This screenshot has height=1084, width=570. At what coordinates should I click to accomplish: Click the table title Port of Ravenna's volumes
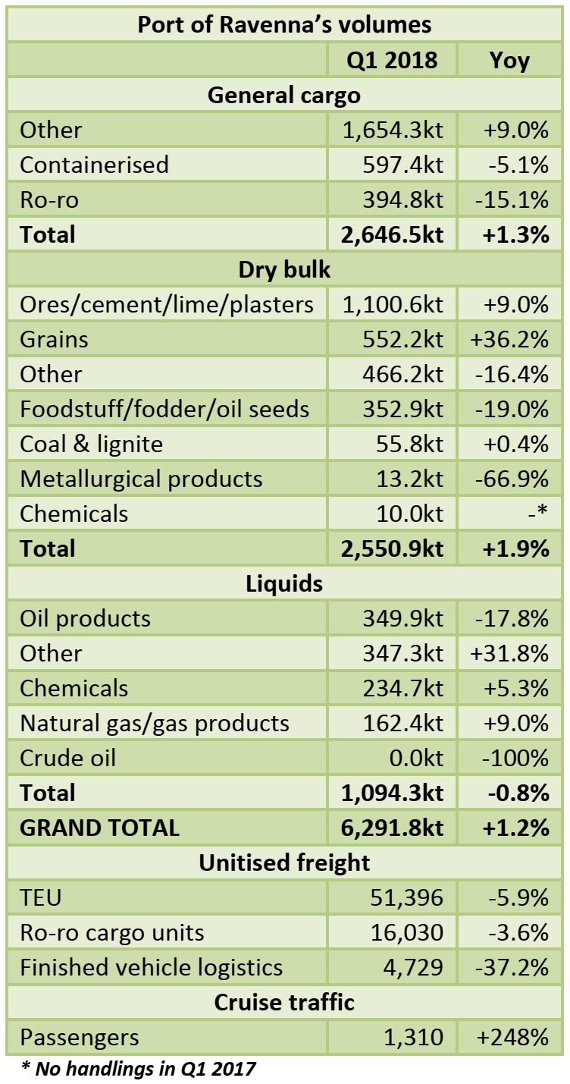tap(284, 24)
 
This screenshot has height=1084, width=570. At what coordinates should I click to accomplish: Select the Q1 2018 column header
tap(392, 60)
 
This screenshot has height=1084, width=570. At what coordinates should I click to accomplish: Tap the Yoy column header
tap(509, 60)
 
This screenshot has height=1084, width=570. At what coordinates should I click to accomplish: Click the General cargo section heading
tap(284, 95)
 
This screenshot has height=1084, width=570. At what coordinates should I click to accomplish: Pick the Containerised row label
tap(94, 165)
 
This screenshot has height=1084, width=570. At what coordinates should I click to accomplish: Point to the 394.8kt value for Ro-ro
tap(393, 200)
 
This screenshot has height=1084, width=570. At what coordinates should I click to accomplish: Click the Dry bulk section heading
tap(284, 269)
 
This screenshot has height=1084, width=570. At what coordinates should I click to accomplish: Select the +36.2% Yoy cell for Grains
tap(509, 339)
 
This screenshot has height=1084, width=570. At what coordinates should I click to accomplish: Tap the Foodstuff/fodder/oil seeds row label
tap(164, 409)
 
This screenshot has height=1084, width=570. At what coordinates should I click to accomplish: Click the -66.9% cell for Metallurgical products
tap(509, 479)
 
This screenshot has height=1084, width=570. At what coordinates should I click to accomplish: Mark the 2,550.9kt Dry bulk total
tap(393, 548)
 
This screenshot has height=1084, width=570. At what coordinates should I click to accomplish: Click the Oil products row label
tap(85, 618)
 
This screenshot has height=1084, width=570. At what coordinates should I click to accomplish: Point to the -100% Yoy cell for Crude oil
tap(509, 758)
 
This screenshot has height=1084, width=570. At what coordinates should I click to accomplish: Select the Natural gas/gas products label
tap(155, 723)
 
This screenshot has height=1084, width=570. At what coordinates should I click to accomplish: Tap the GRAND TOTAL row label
tap(99, 828)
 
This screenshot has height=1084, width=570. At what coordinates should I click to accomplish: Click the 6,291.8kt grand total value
tap(393, 828)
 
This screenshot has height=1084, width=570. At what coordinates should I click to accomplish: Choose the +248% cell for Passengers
tap(509, 1037)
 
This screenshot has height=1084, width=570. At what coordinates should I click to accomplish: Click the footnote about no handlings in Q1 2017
tap(138, 1070)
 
